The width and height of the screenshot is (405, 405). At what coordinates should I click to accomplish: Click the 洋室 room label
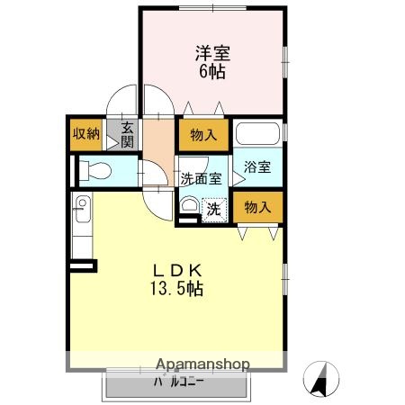tap(211, 52)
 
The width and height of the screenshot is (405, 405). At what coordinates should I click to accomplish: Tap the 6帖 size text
tap(211, 70)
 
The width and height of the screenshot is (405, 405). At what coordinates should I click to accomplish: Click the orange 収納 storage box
tap(86, 134)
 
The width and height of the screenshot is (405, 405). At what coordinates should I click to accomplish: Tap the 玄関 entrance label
tap(127, 135)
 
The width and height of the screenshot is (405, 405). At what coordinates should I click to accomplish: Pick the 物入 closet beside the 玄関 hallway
tap(203, 136)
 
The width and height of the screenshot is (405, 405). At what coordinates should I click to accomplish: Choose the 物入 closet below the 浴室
tap(257, 207)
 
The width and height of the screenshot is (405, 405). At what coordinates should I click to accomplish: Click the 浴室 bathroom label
tap(257, 166)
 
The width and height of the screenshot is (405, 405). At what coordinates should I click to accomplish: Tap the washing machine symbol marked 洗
tap(214, 208)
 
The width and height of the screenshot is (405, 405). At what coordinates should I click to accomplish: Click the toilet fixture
tap(94, 170)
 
